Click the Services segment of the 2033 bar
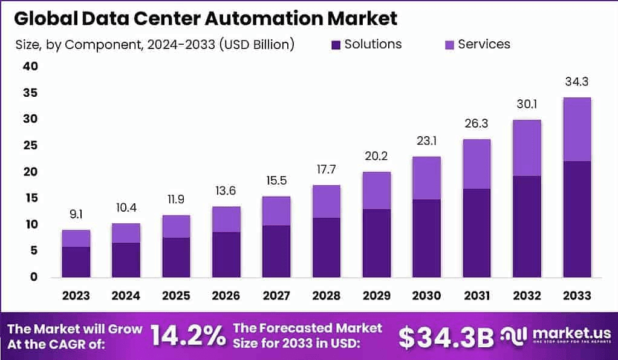click(x=576, y=129)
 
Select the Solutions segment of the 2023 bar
click(x=76, y=261)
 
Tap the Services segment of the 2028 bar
click(x=326, y=201)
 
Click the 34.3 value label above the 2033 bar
click(x=576, y=82)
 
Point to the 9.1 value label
click(x=76, y=214)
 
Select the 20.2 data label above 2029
click(x=376, y=156)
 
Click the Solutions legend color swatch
click(x=336, y=45)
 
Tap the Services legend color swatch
click(x=449, y=45)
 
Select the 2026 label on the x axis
click(x=226, y=295)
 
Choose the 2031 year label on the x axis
click(x=476, y=295)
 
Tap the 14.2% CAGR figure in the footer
click(x=187, y=336)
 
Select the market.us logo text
click(x=565, y=333)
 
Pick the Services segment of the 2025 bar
click(x=175, y=226)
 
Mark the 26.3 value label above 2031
click(x=476, y=123)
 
